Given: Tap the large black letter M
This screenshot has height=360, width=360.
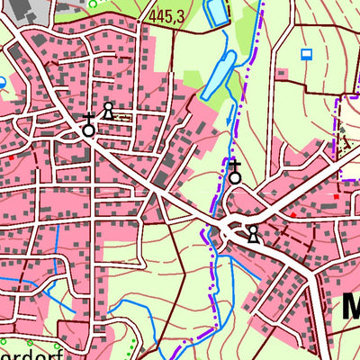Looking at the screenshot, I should point(349,305).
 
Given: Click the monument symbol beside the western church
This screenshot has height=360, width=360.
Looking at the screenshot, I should point(108,111).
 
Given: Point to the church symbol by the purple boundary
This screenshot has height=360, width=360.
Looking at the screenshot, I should point(235,172).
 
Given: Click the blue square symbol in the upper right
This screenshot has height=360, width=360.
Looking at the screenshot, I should point(306,54).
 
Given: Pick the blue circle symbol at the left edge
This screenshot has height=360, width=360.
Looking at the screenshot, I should point(2,82).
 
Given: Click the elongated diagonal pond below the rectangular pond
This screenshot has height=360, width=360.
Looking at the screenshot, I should point(219,76).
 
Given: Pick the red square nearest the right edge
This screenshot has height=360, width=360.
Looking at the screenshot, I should point(336,195).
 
